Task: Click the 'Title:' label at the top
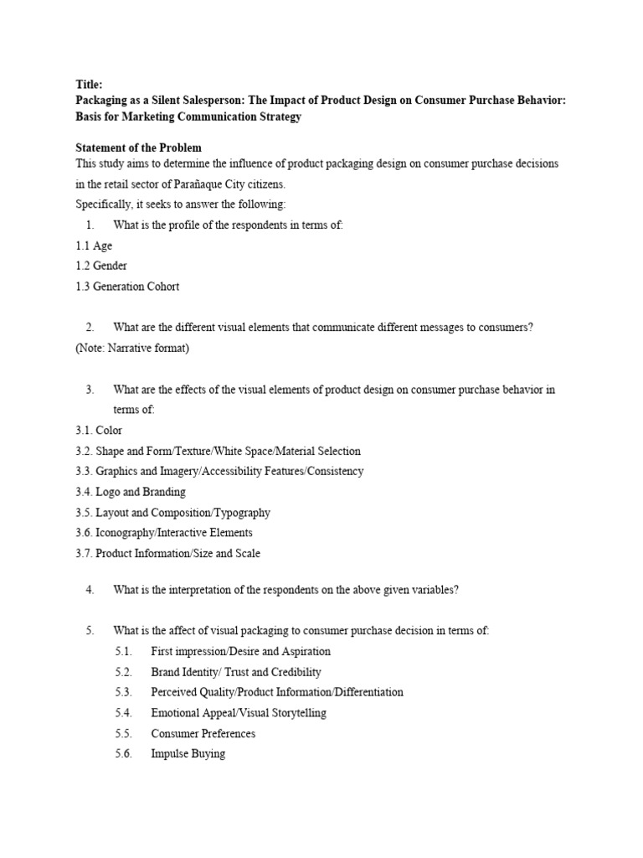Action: (89, 85)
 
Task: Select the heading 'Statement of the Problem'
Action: (138, 147)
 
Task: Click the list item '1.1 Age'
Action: (93, 246)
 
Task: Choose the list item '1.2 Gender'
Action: (100, 266)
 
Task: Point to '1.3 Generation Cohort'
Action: (126, 287)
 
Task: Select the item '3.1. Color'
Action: (98, 431)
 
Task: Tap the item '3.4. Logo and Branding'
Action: (130, 492)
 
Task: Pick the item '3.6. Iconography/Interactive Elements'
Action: (163, 533)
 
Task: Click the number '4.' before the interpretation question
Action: (90, 590)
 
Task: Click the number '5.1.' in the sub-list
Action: (124, 652)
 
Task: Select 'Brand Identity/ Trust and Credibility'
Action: (236, 672)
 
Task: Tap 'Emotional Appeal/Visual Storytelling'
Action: (239, 713)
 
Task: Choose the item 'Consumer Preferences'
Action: (203, 734)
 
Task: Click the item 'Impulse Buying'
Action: (188, 754)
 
